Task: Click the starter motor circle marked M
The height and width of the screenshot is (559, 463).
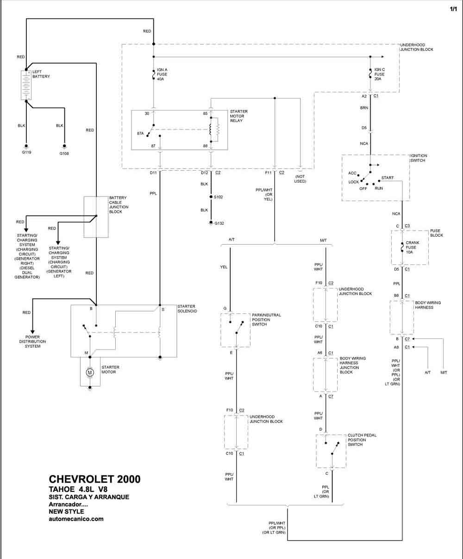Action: click(90, 372)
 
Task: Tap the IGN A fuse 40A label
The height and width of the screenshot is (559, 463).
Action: click(162, 74)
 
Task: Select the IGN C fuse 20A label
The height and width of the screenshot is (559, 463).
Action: click(379, 74)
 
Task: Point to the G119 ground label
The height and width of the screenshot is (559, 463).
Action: click(26, 152)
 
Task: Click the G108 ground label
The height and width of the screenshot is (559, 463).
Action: click(64, 154)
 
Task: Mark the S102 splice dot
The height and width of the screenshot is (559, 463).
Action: click(211, 197)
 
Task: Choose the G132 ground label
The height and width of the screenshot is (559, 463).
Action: click(219, 223)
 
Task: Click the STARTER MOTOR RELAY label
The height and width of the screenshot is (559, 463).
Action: click(238, 116)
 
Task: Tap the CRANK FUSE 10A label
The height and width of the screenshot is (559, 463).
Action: click(413, 247)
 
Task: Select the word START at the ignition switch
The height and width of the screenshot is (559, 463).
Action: click(388, 178)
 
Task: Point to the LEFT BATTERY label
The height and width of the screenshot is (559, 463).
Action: click(41, 74)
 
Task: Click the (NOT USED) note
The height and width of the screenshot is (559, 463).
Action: click(300, 179)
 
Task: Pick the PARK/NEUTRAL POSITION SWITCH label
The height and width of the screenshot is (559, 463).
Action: click(266, 319)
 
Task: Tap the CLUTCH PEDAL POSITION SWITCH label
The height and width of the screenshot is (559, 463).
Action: click(362, 440)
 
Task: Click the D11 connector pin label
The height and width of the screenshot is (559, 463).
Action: click(153, 172)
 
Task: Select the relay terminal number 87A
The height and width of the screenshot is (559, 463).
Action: click(140, 133)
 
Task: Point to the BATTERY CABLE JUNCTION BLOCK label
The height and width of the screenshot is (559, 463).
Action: click(119, 204)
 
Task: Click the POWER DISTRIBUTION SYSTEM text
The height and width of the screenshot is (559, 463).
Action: click(32, 341)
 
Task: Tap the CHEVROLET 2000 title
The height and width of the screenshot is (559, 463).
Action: click(94, 479)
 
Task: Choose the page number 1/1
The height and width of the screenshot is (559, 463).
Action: click(453, 9)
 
